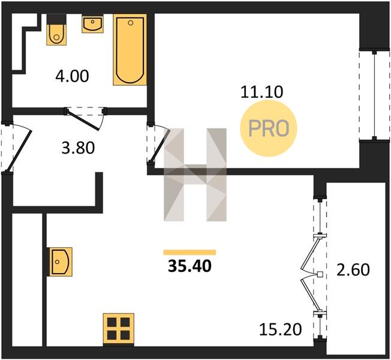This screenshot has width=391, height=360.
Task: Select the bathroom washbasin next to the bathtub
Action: tap(92, 24)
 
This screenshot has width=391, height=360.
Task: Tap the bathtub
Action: tap(130, 50)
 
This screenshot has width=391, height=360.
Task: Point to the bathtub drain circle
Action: tap(130, 23)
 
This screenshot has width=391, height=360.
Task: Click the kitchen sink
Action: tap(61, 262)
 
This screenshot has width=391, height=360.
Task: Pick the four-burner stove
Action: tap(119, 329)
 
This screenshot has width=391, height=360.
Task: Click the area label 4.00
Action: tap(72, 76)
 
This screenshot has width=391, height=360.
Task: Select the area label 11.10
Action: tap(262, 92)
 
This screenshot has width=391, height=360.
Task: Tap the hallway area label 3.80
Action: tap(78, 148)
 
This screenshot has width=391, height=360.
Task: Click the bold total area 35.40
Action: tap(190, 266)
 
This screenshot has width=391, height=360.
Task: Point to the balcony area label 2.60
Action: tap(353, 269)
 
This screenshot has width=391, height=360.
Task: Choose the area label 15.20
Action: tap(281, 329)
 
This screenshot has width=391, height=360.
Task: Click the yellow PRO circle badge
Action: tap(269, 128)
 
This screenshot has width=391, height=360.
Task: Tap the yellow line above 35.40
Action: tap(190, 252)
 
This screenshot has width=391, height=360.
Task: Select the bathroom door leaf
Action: tap(83, 121)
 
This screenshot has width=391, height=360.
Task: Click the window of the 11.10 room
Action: tap(374, 95)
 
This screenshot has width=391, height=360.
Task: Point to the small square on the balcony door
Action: tap(320, 274)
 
